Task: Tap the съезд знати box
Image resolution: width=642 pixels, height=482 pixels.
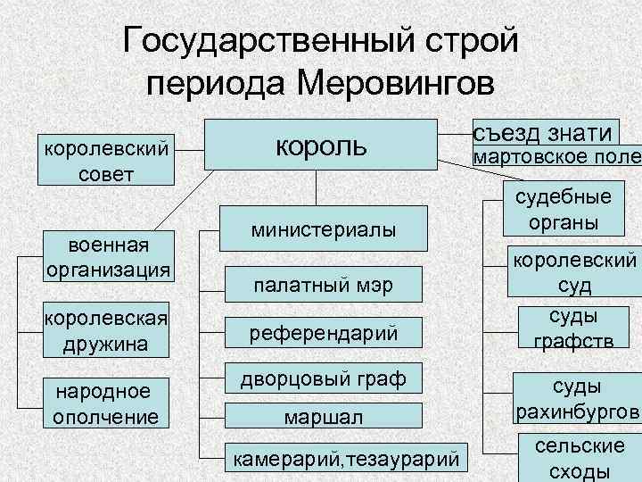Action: (x=543, y=133)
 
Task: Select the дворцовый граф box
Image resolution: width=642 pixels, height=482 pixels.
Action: (x=323, y=379)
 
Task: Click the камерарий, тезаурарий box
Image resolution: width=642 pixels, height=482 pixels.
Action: (x=346, y=459)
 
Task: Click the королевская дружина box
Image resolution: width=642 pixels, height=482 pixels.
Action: (x=106, y=330)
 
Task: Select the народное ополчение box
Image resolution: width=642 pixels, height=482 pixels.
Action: (x=106, y=403)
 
